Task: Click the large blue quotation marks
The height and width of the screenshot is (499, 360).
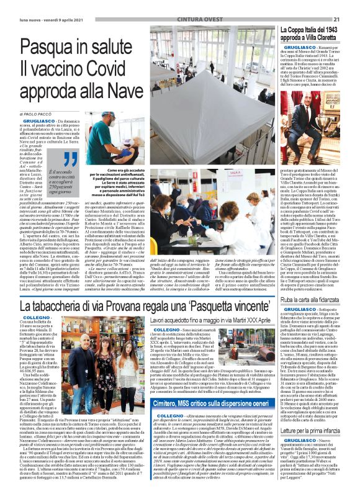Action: coord(54,159)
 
